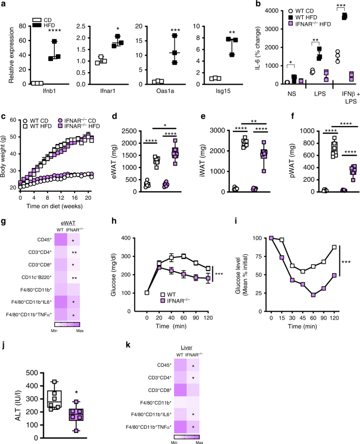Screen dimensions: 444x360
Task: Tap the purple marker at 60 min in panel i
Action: (x=313, y=295)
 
